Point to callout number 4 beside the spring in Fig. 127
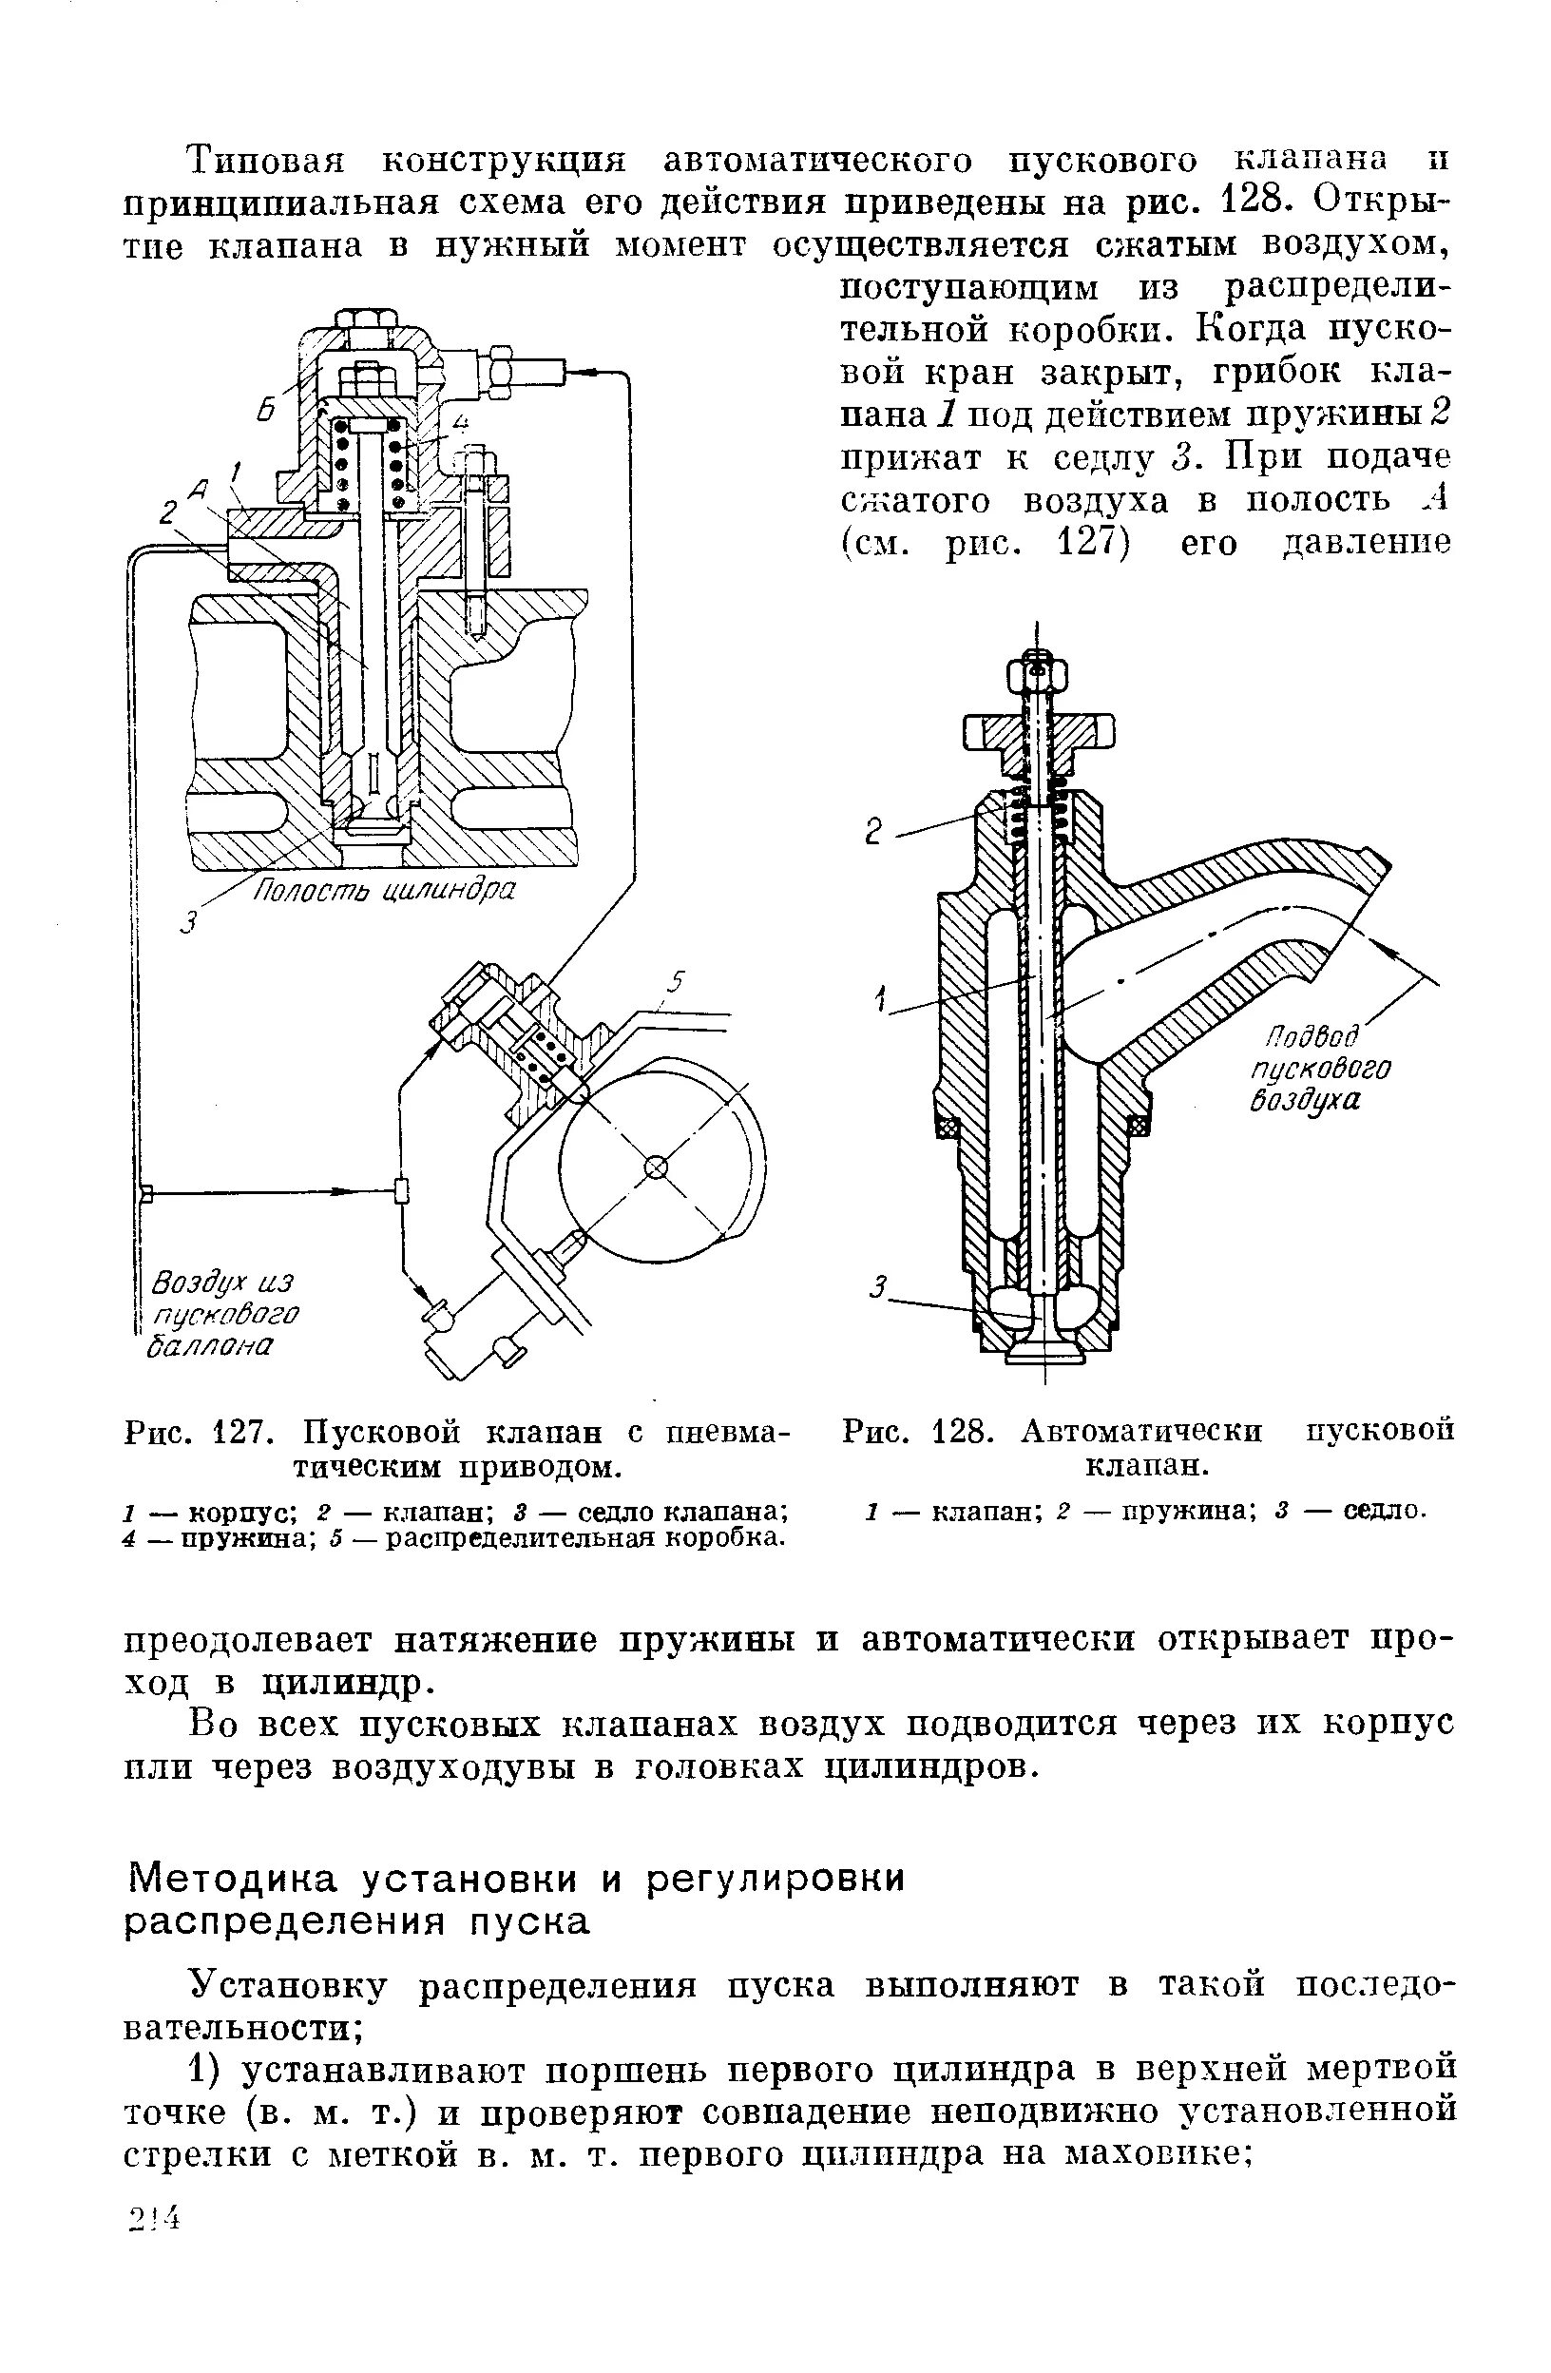tap(461, 422)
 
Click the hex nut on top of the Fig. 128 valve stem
tap(1038, 675)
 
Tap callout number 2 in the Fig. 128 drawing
tap(874, 832)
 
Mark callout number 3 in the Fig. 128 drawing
tap(878, 1289)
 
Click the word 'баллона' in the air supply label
tap(207, 1347)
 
